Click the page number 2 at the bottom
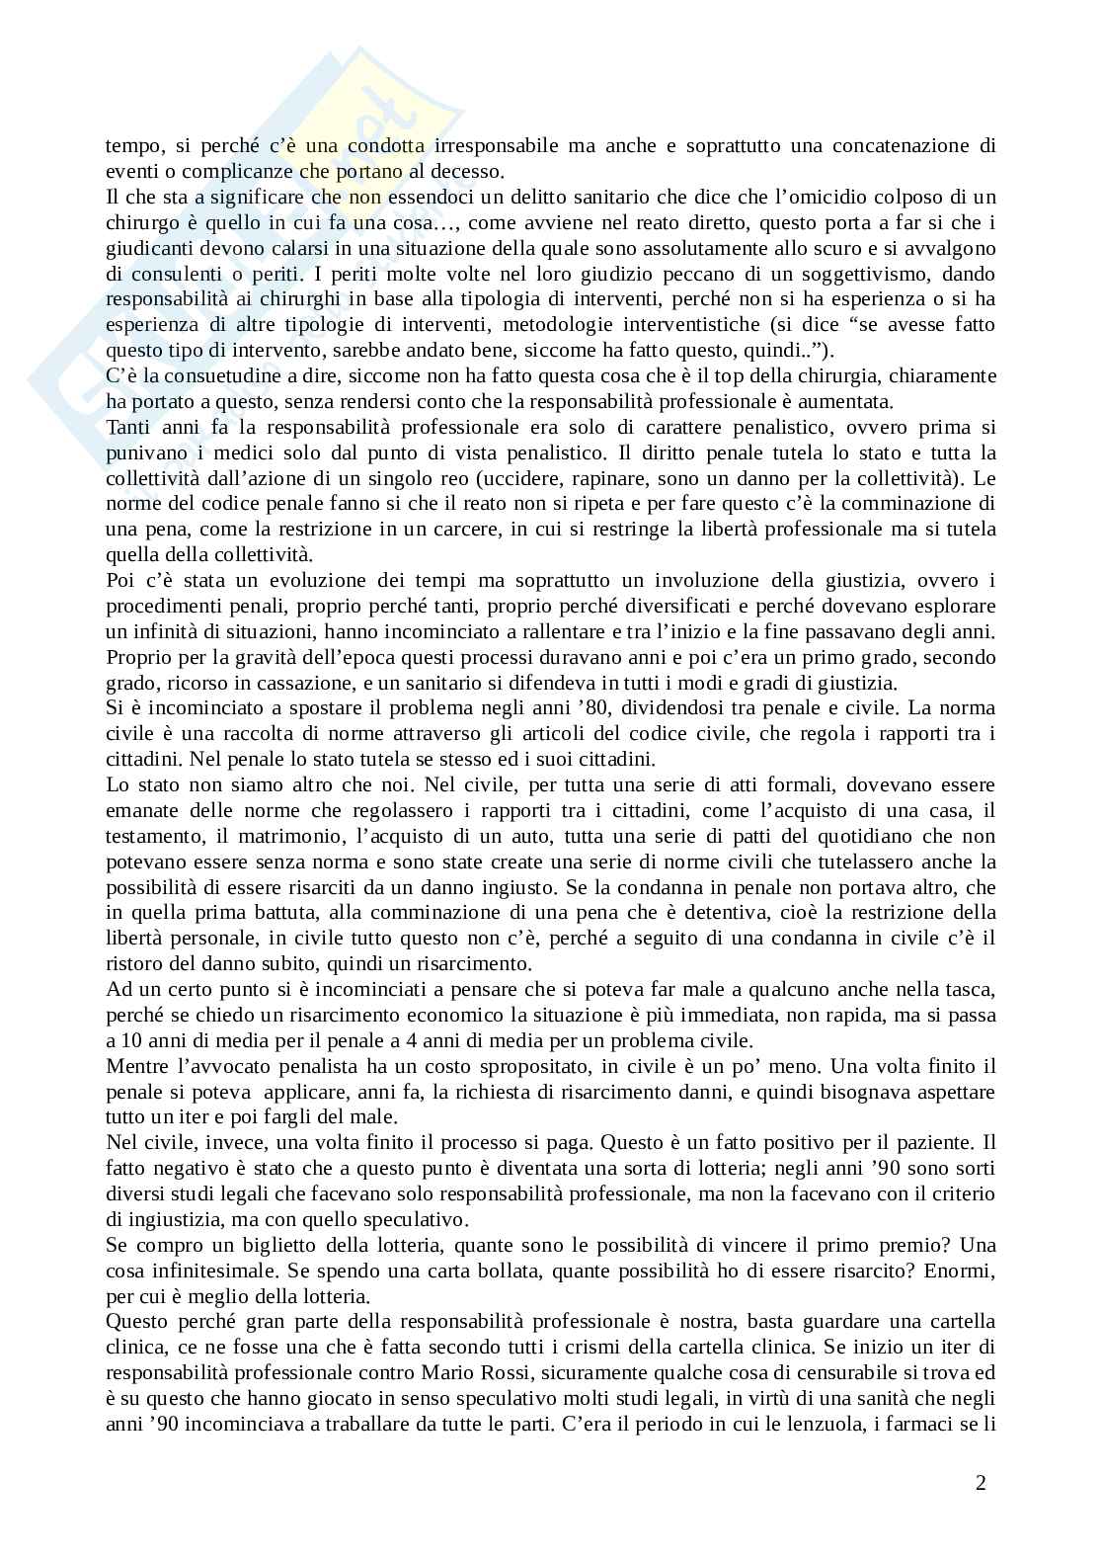[980, 1482]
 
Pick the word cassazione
[350, 683]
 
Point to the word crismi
[590, 1348]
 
